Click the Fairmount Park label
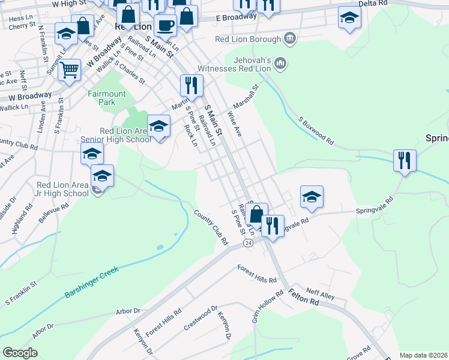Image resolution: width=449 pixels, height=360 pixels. (x=107, y=98)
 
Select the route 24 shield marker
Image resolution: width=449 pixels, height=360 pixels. (x=247, y=243)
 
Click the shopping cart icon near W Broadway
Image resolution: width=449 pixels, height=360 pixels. (x=70, y=70)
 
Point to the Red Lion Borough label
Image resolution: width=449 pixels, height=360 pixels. (x=248, y=40)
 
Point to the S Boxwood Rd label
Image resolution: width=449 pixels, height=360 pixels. (x=316, y=130)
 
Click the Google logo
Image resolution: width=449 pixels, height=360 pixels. (x=20, y=353)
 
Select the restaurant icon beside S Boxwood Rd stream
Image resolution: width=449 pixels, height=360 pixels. (x=405, y=161)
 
